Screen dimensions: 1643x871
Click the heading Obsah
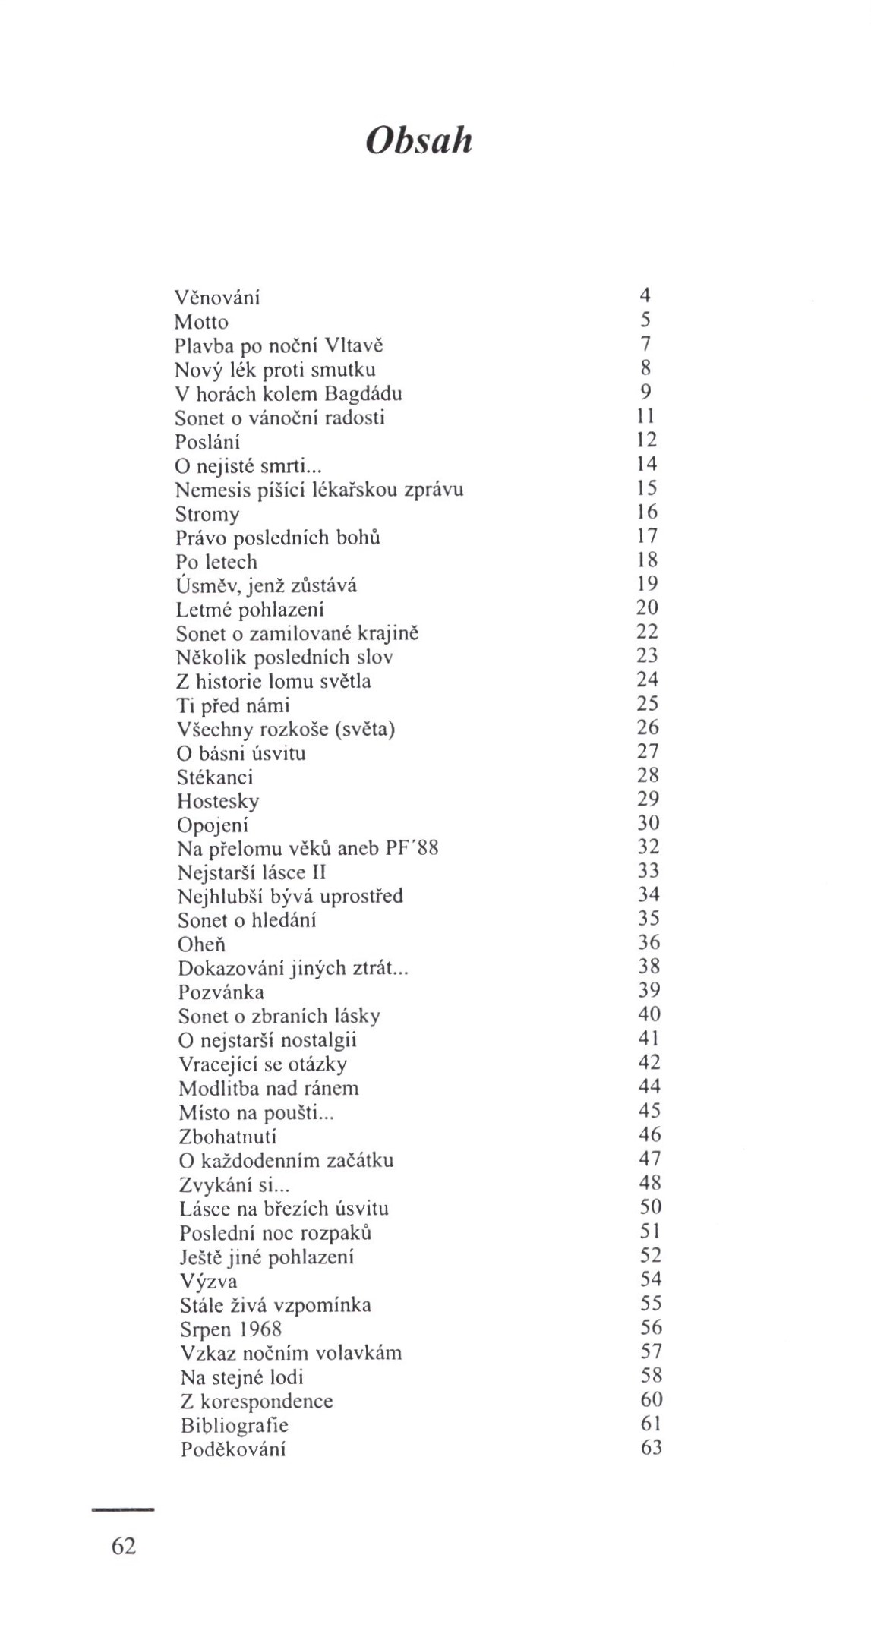[x=418, y=141]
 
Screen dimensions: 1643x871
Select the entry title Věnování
[x=217, y=297]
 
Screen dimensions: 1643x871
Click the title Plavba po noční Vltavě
[x=279, y=345]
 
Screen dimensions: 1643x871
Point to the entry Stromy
[x=207, y=514]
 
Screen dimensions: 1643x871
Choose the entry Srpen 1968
[x=231, y=1329]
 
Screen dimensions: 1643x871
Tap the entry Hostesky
[x=218, y=801]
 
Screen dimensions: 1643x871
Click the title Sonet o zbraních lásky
[x=279, y=1016]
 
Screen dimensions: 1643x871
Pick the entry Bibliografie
[x=235, y=1425]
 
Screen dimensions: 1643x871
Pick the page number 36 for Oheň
[x=649, y=942]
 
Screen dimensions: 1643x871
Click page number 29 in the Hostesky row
[x=649, y=799]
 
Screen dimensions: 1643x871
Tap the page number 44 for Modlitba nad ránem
[x=650, y=1086]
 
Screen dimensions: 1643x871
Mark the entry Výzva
[x=209, y=1282]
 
